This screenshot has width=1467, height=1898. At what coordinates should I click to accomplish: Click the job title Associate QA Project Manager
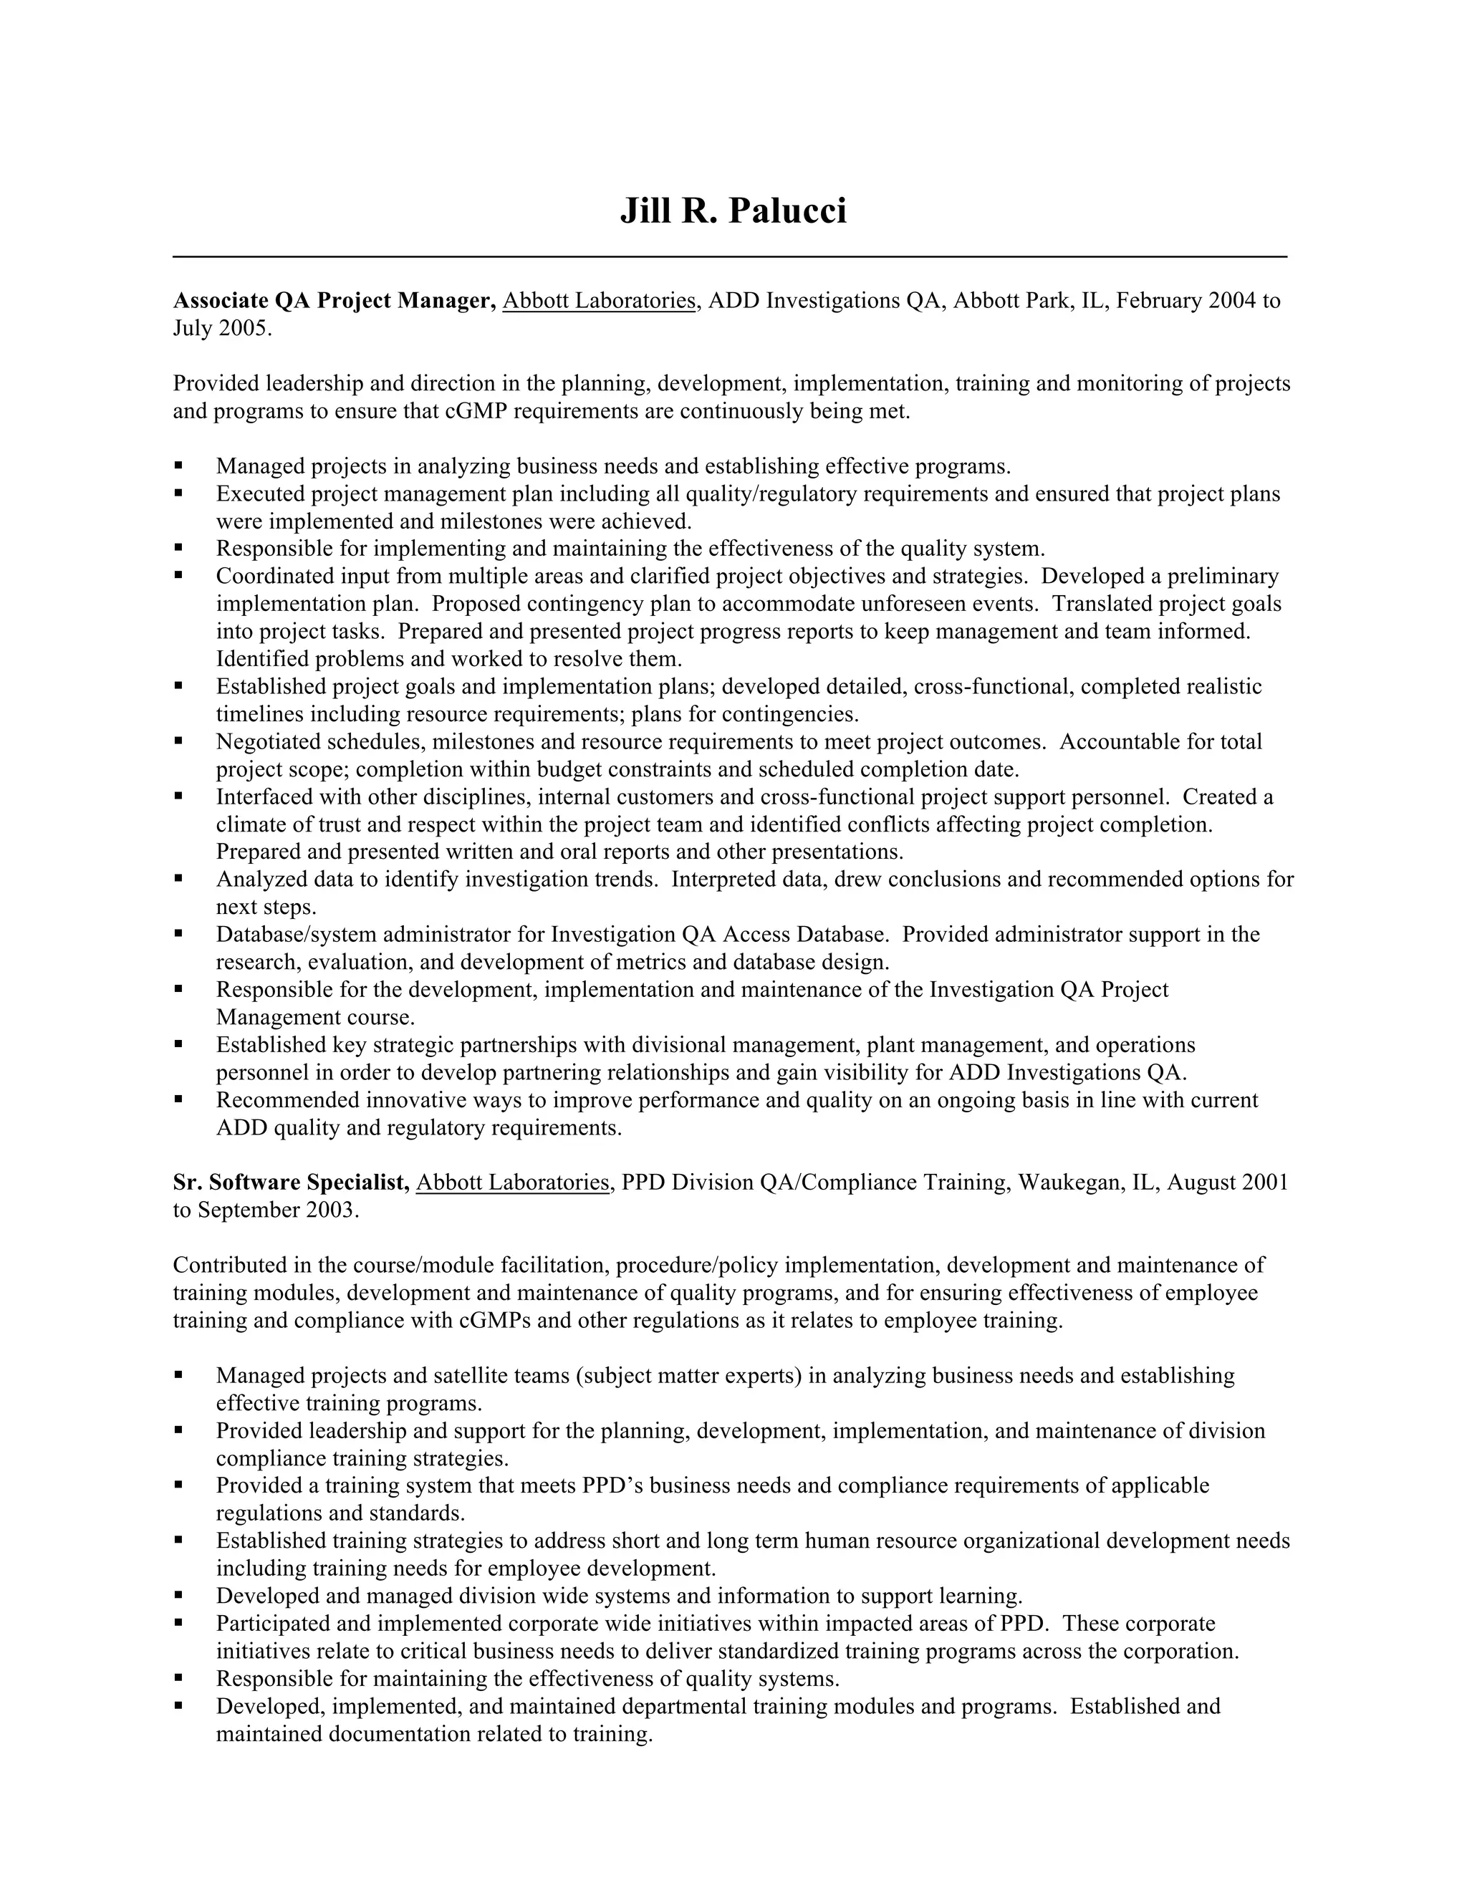pyautogui.click(x=334, y=301)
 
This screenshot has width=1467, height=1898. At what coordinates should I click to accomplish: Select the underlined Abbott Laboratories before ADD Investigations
pyautogui.click(x=600, y=301)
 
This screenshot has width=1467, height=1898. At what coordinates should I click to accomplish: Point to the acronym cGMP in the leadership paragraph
pyautogui.click(x=476, y=411)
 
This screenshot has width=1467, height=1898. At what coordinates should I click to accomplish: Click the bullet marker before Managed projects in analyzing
pyautogui.click(x=178, y=466)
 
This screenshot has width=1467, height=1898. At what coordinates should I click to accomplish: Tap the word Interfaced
pyautogui.click(x=265, y=797)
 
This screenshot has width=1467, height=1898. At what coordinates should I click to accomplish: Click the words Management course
pyautogui.click(x=314, y=1017)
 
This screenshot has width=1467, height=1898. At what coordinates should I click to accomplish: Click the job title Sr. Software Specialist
pyautogui.click(x=291, y=1182)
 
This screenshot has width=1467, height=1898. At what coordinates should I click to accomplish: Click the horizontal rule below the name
pyautogui.click(x=730, y=256)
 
